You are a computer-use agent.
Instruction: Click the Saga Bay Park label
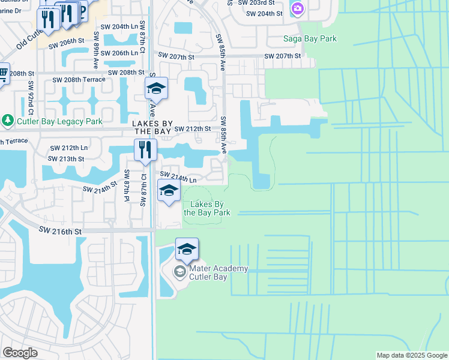pyautogui.click(x=310, y=39)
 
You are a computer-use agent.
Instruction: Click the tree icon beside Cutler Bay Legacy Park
pyautogui.click(x=7, y=120)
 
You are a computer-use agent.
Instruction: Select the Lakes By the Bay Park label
pyautogui.click(x=206, y=208)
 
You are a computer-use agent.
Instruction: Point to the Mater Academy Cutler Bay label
pyautogui.click(x=219, y=272)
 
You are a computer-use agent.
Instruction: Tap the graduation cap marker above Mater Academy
pyautogui.click(x=187, y=248)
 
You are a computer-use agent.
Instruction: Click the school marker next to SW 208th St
pyautogui.click(x=155, y=88)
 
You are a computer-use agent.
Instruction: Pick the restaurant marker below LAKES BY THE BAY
pyautogui.click(x=144, y=149)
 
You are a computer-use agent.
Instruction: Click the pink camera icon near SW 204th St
pyautogui.click(x=297, y=8)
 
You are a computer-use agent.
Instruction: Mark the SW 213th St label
pyautogui.click(x=67, y=159)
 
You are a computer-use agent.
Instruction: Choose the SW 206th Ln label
pyautogui.click(x=121, y=53)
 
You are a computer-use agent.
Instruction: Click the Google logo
pyautogui.click(x=20, y=352)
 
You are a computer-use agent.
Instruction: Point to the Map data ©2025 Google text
pyautogui.click(x=411, y=355)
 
